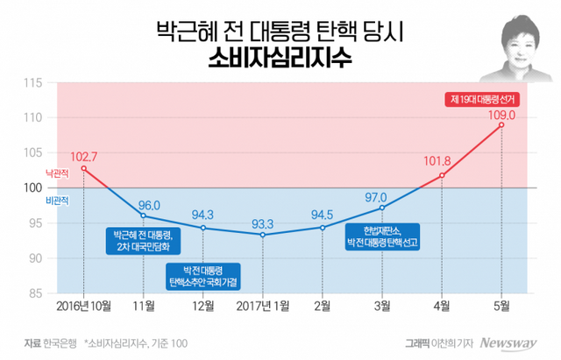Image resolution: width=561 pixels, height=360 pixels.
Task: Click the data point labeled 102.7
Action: pyautogui.click(x=83, y=168)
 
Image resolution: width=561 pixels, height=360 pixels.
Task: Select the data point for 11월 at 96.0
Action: pyautogui.click(x=143, y=215)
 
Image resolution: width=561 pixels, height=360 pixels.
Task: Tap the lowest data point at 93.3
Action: pyautogui.click(x=263, y=235)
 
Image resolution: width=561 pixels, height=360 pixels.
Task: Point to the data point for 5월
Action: pyautogui.click(x=501, y=124)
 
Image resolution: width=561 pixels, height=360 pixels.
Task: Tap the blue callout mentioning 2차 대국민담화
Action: pyautogui.click(x=143, y=242)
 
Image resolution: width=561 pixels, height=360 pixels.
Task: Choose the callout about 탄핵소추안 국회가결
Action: pyautogui.click(x=203, y=275)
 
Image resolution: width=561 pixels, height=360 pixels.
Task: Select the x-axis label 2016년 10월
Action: pyautogui.click(x=83, y=305)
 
